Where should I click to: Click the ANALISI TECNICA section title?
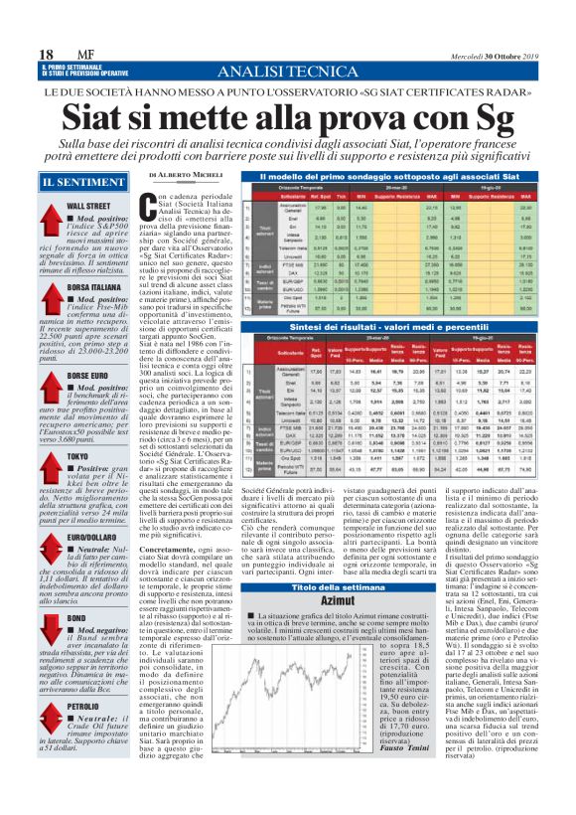(288, 70)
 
